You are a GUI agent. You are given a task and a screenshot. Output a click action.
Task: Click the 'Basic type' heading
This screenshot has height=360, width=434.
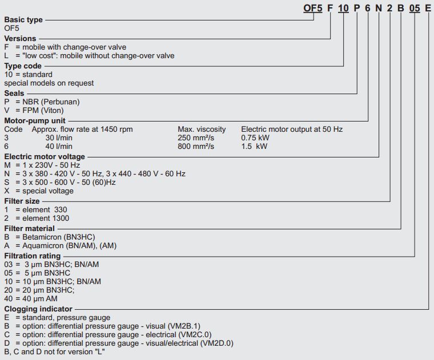point(23,20)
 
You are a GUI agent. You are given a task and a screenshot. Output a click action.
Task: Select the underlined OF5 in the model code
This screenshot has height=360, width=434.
point(313,9)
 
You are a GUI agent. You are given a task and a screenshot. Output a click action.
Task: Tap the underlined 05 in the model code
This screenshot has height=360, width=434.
point(415,9)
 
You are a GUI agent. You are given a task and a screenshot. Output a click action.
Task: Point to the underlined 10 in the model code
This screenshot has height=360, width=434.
point(343,9)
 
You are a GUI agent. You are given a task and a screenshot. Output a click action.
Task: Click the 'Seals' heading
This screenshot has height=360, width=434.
point(14,93)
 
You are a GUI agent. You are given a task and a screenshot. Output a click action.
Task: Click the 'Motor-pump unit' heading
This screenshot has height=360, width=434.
point(35,121)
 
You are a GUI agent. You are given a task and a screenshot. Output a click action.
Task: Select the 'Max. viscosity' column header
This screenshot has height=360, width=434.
point(202,129)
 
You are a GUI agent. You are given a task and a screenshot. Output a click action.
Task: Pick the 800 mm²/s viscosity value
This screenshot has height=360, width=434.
point(196,146)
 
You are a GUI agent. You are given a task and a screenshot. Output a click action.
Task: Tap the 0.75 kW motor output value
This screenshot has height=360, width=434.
point(255,137)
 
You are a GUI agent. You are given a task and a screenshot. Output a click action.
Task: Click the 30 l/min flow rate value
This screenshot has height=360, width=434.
point(59,137)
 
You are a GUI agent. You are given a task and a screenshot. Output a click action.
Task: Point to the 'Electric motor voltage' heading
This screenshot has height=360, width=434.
point(45,156)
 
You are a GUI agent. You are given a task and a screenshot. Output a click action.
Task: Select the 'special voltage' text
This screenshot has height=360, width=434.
point(48,191)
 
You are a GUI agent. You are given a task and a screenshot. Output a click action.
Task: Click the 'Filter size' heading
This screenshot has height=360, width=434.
point(22,201)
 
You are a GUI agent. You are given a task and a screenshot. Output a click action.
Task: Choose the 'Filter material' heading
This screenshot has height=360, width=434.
point(29,228)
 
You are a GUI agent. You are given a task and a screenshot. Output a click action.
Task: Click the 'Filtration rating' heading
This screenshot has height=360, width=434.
point(33,256)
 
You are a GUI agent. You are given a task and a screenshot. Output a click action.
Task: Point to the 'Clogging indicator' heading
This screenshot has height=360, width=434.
point(38,309)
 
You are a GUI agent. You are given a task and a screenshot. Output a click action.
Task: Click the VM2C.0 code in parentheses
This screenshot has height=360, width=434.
point(195,334)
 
